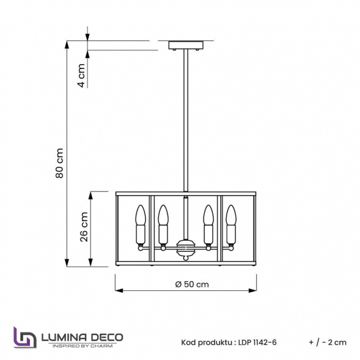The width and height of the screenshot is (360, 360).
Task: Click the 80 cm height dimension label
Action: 60,163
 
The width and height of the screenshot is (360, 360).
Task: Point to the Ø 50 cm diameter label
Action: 192,284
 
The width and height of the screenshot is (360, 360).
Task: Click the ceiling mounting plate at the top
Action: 186,45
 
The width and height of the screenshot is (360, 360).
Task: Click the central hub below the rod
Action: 186,248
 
